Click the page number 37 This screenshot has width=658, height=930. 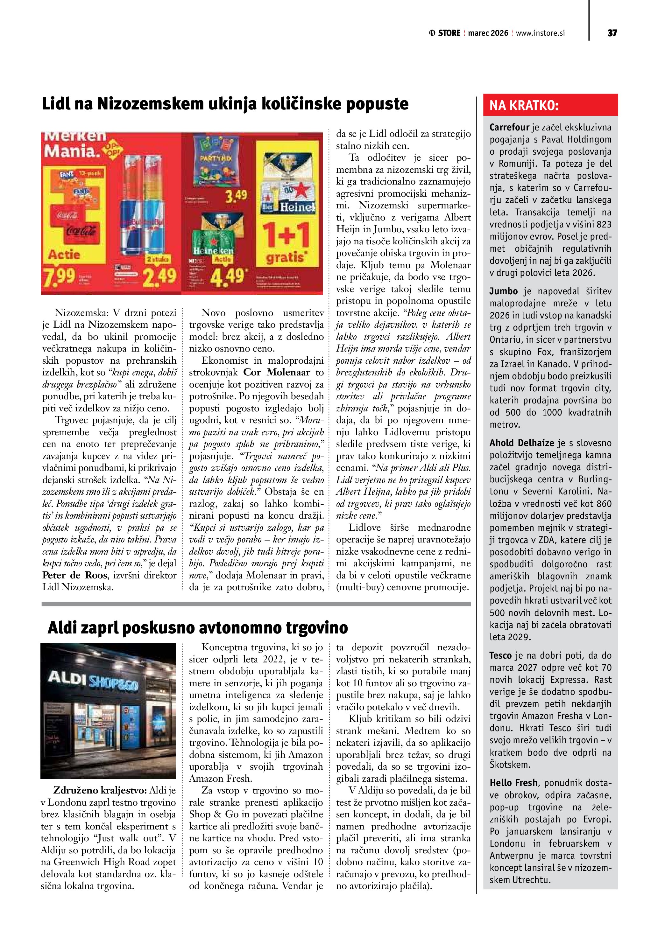pos(612,33)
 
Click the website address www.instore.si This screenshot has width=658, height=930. pos(540,33)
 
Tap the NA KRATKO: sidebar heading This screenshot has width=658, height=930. pos(524,106)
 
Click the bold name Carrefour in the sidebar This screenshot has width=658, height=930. pos(509,127)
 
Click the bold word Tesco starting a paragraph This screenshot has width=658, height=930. pos(500,655)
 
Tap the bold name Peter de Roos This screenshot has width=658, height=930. pos(75,575)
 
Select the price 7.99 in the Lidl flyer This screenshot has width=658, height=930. pos(60,276)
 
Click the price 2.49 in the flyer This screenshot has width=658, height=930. pos(159,276)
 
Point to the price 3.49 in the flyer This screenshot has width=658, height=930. pos(236,197)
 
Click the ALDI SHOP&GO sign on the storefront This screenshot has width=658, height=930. pos(93,681)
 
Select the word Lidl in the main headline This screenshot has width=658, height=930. pos(57,104)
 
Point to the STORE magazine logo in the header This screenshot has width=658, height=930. pos(444,33)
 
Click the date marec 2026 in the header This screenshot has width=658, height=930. pos(488,33)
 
